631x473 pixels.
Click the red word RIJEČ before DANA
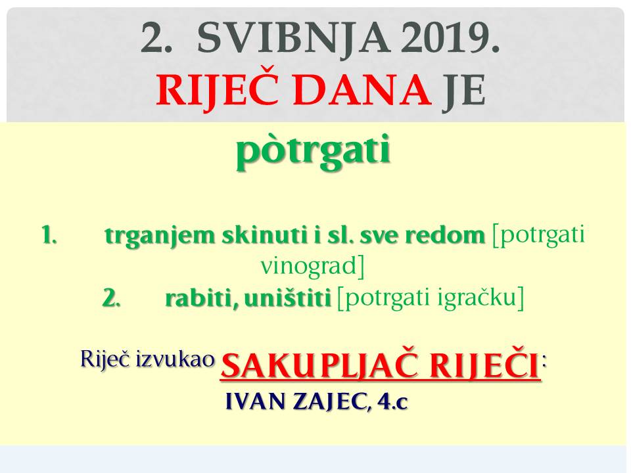(x=218, y=90)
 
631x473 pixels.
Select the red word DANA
(x=362, y=91)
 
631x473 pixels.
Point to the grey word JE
(x=464, y=91)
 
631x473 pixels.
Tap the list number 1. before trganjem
(x=49, y=235)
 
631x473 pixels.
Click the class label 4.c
(x=393, y=401)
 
